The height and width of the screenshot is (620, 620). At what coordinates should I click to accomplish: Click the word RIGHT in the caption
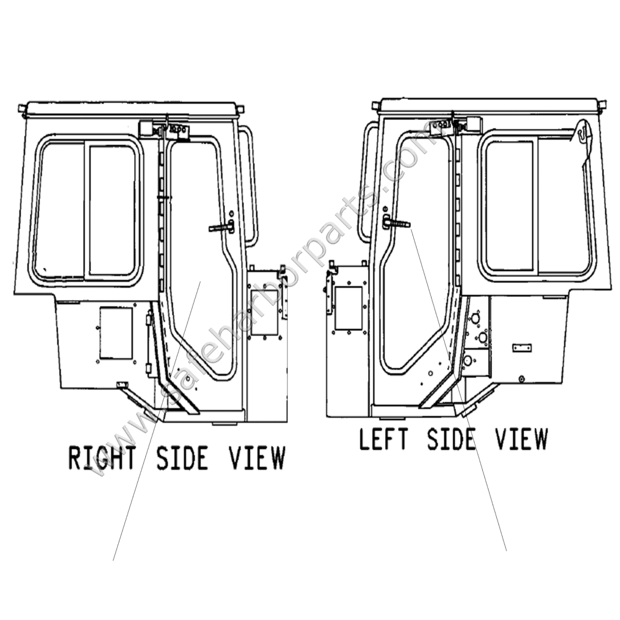pos(102,457)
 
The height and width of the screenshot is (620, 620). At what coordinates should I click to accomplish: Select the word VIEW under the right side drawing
pos(257,457)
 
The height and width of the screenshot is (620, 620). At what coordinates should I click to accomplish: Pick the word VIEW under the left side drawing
pos(521,439)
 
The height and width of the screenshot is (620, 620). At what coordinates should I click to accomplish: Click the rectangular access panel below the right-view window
pos(116,332)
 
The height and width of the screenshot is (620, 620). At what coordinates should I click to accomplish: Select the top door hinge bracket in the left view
pos(439,127)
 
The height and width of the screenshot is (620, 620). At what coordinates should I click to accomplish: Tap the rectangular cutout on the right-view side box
pos(263,313)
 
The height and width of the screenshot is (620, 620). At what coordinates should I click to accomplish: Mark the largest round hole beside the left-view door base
pos(467,361)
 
